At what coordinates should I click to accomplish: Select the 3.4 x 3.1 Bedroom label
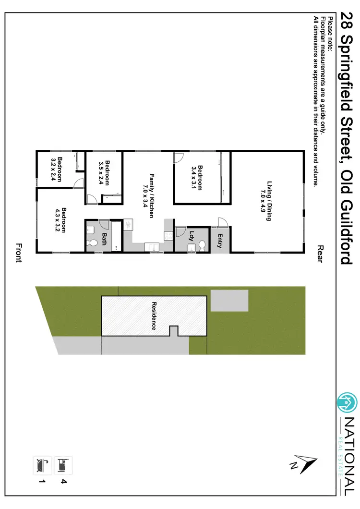197,178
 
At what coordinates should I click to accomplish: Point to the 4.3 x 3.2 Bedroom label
60,219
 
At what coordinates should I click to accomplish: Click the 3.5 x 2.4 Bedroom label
105,172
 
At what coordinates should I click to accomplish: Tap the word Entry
220,241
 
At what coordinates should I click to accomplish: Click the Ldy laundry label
192,236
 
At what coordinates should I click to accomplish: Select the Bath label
104,239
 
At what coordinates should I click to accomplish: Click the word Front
18,253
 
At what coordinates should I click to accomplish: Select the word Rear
321,253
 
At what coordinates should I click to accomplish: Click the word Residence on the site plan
154,315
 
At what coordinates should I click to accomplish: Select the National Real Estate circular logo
347,402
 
